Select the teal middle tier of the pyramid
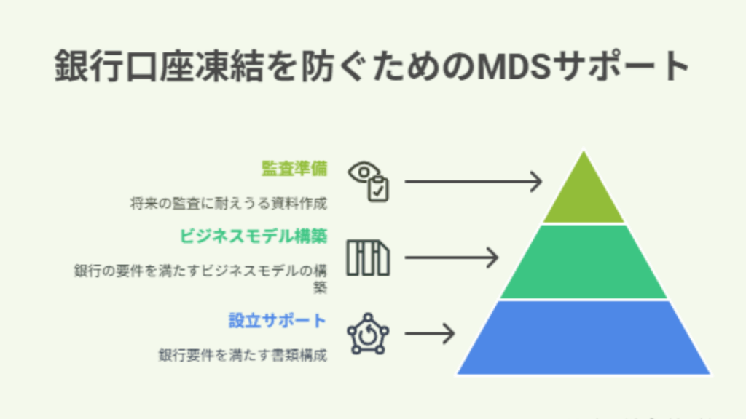click(584, 262)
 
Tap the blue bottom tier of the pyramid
click(584, 338)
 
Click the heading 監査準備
click(294, 169)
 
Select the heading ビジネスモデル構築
click(253, 236)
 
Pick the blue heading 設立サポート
click(278, 321)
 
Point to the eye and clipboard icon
click(369, 181)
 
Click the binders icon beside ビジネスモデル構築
click(368, 258)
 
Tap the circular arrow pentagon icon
click(368, 334)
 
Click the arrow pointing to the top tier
click(474, 181)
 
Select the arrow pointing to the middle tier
click(452, 258)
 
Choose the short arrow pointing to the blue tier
click(430, 333)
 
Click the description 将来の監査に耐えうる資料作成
click(229, 204)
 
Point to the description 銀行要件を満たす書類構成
click(243, 355)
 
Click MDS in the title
click(514, 66)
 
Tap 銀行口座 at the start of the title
click(106, 66)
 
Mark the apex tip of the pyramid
click(584, 151)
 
